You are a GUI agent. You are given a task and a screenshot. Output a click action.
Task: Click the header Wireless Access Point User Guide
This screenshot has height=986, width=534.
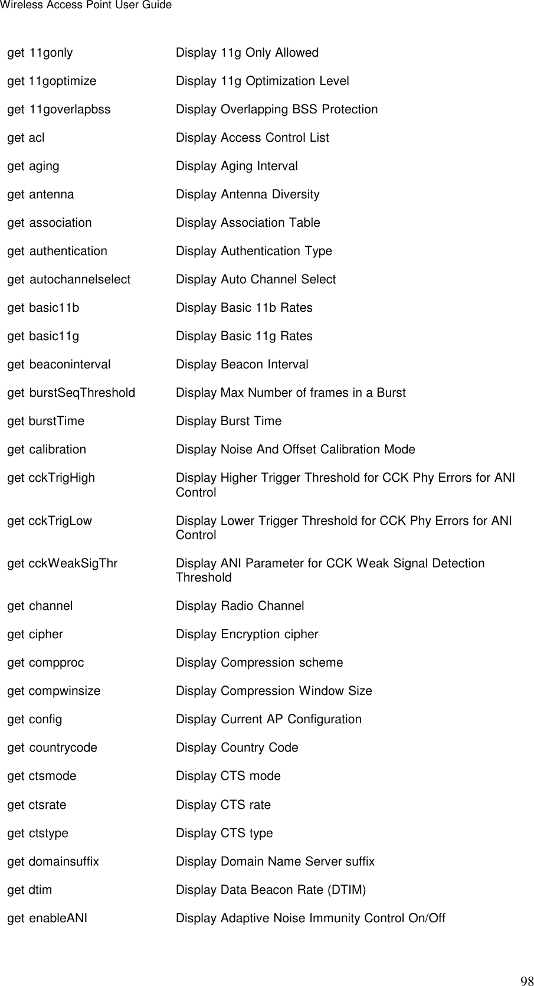pyautogui.click(x=86, y=5)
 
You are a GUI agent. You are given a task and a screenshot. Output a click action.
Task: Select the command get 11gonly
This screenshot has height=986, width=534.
pyautogui.click(x=40, y=53)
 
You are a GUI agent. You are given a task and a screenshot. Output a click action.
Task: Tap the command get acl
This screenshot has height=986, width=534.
pyautogui.click(x=26, y=138)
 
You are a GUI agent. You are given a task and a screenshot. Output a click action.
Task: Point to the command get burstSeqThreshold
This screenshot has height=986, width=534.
pyautogui.click(x=71, y=393)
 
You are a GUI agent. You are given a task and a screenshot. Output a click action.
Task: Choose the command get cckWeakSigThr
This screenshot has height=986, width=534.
pyautogui.click(x=63, y=564)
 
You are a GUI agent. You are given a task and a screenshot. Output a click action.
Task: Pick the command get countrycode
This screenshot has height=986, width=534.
pyautogui.click(x=53, y=748)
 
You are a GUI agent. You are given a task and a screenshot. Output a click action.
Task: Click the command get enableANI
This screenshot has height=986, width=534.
pyautogui.click(x=48, y=918)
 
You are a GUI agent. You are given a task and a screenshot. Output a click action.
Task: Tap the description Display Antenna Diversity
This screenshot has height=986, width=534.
pyautogui.click(x=248, y=195)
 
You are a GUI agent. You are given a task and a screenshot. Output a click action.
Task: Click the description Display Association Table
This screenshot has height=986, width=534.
pyautogui.click(x=248, y=223)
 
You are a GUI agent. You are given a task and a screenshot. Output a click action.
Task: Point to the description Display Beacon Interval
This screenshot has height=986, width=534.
pyautogui.click(x=242, y=365)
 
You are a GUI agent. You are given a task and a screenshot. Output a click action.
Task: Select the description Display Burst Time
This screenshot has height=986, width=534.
pyautogui.click(x=229, y=422)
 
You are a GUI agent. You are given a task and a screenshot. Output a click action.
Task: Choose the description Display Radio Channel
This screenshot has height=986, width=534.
pyautogui.click(x=240, y=606)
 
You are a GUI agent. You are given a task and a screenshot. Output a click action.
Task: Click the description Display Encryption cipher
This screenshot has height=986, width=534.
pyautogui.click(x=247, y=635)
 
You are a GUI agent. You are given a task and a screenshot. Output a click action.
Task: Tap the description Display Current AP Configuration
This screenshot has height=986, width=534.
pyautogui.click(x=269, y=720)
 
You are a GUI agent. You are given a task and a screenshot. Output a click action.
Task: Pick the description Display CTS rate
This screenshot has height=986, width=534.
pyautogui.click(x=224, y=805)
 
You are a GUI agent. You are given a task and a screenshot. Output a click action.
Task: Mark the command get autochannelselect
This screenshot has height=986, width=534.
pyautogui.click(x=69, y=280)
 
